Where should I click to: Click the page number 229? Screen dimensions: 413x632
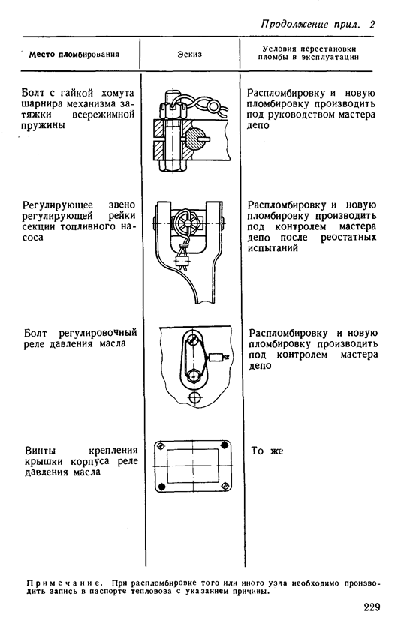coord(372,607)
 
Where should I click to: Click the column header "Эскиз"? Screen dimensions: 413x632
coord(190,55)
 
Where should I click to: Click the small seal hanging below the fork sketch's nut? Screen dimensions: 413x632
coord(181,262)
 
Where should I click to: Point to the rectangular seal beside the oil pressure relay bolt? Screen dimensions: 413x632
coord(217,357)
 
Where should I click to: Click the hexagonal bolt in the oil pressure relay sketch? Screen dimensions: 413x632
coord(194,374)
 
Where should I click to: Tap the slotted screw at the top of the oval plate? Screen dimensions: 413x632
coord(194,339)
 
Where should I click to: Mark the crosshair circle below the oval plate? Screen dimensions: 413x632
coord(196,397)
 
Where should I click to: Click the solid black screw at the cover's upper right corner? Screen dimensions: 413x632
coord(224,445)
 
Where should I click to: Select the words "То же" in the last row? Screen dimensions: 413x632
coord(267,451)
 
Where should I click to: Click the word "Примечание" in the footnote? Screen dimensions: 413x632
coord(64,583)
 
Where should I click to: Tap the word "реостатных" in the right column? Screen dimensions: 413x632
coord(348,238)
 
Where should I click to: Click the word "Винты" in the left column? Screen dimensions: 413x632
coord(41,451)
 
